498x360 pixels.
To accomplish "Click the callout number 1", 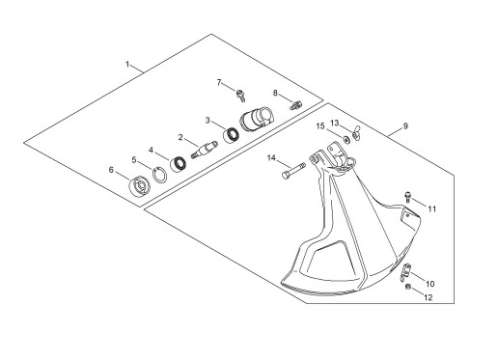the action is pyautogui.click(x=127, y=65).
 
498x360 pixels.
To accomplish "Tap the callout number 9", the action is pyautogui.click(x=405, y=126).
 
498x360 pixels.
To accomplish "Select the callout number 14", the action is pyautogui.click(x=272, y=158).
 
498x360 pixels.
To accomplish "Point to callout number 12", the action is pyautogui.click(x=429, y=297).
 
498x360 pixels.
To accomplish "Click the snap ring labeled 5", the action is pyautogui.click(x=159, y=175).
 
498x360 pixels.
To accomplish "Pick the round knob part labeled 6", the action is pyautogui.click(x=139, y=186).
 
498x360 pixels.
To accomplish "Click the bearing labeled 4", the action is pyautogui.click(x=178, y=164).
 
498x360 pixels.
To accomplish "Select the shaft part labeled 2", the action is pyautogui.click(x=205, y=150).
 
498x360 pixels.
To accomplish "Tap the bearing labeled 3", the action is pyautogui.click(x=231, y=135).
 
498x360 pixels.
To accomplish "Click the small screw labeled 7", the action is pyautogui.click(x=241, y=96).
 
